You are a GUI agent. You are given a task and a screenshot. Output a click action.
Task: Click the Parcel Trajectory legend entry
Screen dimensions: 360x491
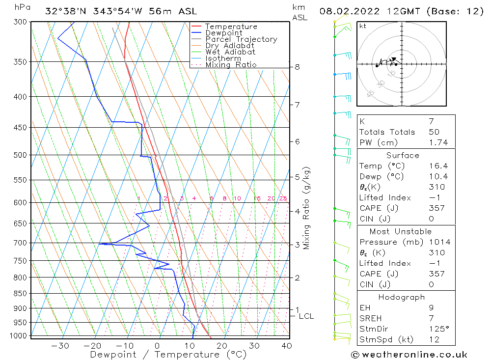coord(241,39)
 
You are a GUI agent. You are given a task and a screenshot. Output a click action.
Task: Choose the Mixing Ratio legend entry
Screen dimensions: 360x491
coord(231,64)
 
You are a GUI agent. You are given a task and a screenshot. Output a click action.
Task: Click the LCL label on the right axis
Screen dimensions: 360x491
coord(306,316)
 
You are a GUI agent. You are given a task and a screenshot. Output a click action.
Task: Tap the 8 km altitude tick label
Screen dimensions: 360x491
coord(298,67)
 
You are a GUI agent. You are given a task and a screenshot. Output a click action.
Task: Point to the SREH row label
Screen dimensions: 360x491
coord(371,318)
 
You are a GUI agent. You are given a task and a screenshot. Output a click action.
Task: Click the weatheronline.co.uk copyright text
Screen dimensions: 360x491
coord(409,355)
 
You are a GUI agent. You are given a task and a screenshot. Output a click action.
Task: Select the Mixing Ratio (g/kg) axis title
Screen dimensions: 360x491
coord(307,208)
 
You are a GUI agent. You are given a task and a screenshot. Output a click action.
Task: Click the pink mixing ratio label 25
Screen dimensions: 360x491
coord(283,198)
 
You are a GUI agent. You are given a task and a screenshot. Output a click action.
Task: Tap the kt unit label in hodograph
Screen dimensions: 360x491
coord(363,26)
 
